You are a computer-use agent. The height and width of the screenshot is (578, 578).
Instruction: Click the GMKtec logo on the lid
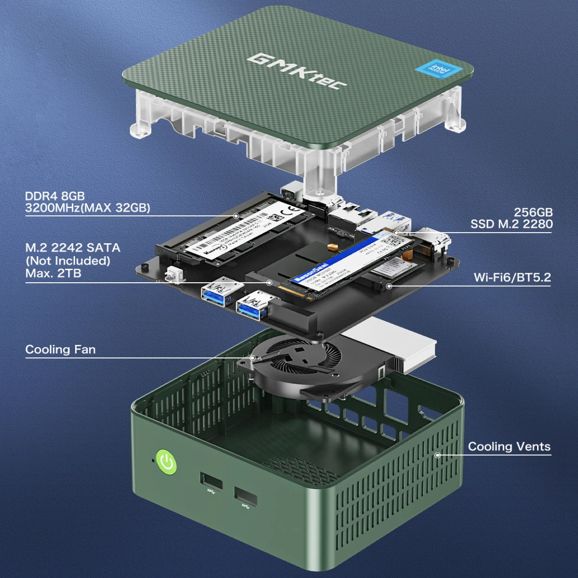pyautogui.click(x=297, y=71)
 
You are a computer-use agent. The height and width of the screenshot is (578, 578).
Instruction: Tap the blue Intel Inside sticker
pyautogui.click(x=439, y=70)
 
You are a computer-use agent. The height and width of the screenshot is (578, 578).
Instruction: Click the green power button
pyautogui.click(x=166, y=462)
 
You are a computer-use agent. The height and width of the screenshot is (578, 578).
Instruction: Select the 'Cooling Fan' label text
pyautogui.click(x=60, y=349)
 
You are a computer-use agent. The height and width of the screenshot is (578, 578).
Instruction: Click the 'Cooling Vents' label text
pyautogui.click(x=509, y=447)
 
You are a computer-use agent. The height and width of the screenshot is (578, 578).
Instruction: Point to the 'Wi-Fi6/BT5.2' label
pyautogui.click(x=512, y=277)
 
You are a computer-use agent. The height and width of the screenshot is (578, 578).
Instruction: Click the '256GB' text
pyautogui.click(x=533, y=212)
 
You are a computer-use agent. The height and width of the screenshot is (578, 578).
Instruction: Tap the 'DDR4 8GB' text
pyautogui.click(x=55, y=196)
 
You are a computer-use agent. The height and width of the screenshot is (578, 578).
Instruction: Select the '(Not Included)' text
pyautogui.click(x=68, y=261)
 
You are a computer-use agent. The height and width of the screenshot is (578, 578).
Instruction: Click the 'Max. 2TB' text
pyautogui.click(x=53, y=273)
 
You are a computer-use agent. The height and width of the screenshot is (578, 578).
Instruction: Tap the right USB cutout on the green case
pyautogui.click(x=246, y=497)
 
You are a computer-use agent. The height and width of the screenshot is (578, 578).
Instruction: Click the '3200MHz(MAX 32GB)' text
pyautogui.click(x=88, y=208)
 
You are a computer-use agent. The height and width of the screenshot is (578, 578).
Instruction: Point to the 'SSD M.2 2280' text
pyautogui.click(x=512, y=224)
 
